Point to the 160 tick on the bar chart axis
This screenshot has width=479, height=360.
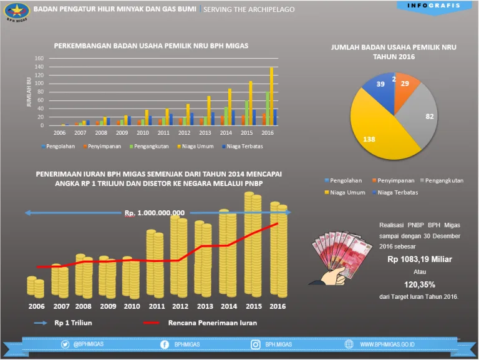click(x=39, y=59)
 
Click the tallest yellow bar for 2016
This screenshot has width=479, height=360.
click(x=271, y=97)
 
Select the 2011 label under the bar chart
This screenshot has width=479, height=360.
click(x=163, y=133)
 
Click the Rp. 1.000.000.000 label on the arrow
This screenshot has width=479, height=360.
click(x=154, y=213)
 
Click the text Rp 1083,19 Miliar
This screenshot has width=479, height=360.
click(x=420, y=259)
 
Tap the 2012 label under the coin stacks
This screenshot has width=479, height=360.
click(x=180, y=306)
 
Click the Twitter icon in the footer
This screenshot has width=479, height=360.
click(x=65, y=344)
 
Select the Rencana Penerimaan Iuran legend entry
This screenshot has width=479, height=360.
click(x=212, y=323)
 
